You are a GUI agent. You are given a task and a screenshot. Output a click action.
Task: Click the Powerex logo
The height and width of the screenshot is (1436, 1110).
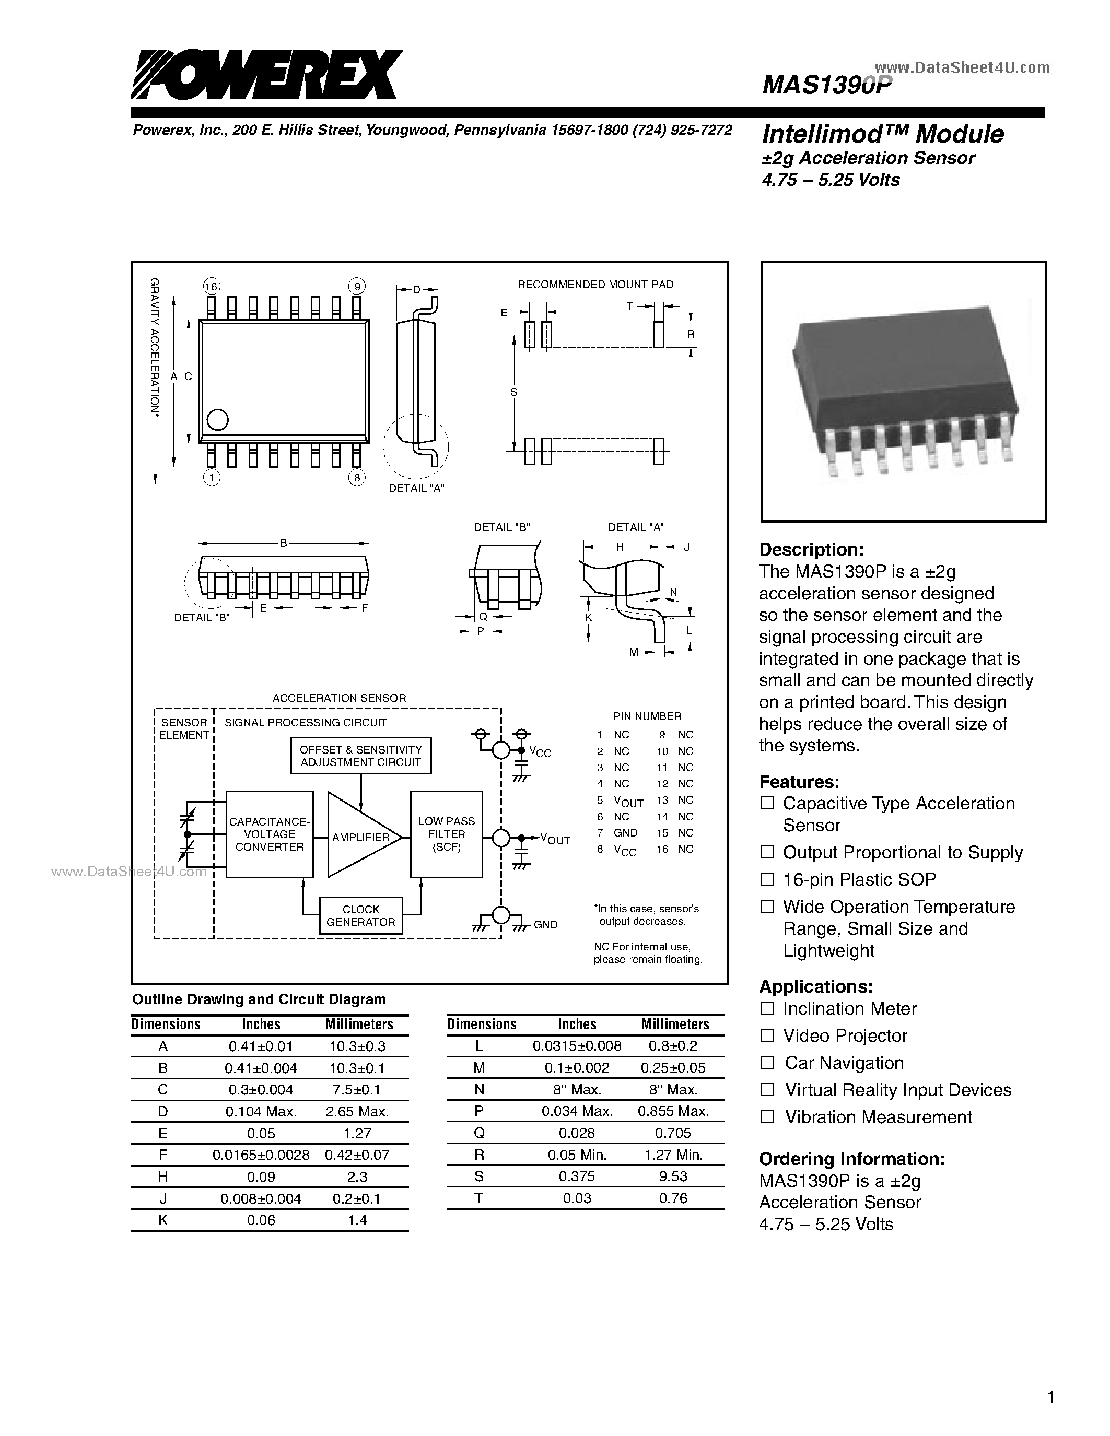pyautogui.click(x=266, y=76)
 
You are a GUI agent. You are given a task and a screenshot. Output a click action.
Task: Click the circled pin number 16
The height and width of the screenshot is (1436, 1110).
pyautogui.click(x=211, y=286)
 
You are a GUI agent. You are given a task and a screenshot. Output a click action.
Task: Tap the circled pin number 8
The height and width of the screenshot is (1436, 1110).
pyautogui.click(x=356, y=478)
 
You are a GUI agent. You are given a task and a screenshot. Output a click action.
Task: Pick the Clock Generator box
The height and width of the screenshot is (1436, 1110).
pyautogui.click(x=361, y=915)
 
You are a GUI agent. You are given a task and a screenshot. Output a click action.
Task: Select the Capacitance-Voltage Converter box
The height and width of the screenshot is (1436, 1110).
pyautogui.click(x=270, y=834)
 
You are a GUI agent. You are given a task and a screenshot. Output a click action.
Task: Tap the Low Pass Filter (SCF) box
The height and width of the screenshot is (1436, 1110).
pyautogui.click(x=447, y=834)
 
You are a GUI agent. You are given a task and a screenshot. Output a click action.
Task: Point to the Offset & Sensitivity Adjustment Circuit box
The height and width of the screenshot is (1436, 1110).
pyautogui.click(x=361, y=756)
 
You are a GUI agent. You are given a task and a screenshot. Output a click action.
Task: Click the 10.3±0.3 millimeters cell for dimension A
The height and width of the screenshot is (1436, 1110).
pyautogui.click(x=358, y=1046)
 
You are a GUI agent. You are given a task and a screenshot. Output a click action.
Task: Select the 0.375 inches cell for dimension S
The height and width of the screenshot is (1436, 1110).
pyautogui.click(x=577, y=1176)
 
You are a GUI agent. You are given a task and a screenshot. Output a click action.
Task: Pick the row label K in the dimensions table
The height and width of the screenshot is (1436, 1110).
pyautogui.click(x=163, y=1220)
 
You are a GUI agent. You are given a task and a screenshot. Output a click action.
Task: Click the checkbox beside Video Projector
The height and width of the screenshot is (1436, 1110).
pyautogui.click(x=767, y=1035)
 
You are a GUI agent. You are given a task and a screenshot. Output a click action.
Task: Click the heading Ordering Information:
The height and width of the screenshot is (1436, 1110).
pyautogui.click(x=851, y=1159)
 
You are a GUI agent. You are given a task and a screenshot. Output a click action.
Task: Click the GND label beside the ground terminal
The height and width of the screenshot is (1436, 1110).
pyautogui.click(x=546, y=924)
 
